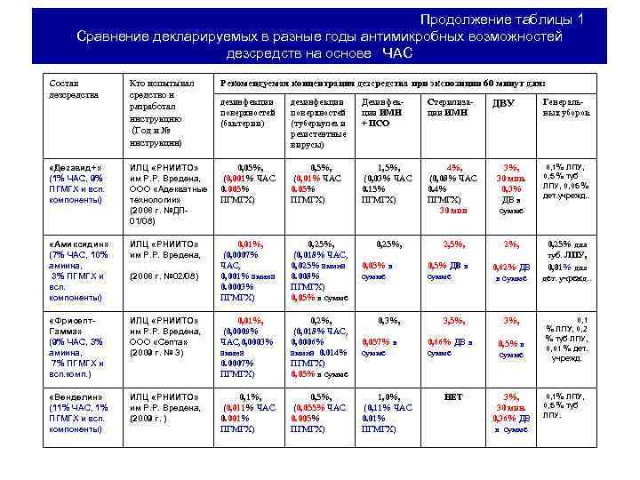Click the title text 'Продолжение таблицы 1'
point(502,20)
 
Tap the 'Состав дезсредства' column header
point(69,88)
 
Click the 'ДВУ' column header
point(503,104)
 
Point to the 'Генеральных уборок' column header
point(563,108)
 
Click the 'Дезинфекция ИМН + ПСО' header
point(382,113)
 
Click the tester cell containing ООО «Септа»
point(161,341)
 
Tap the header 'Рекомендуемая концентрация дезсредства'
point(382,82)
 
